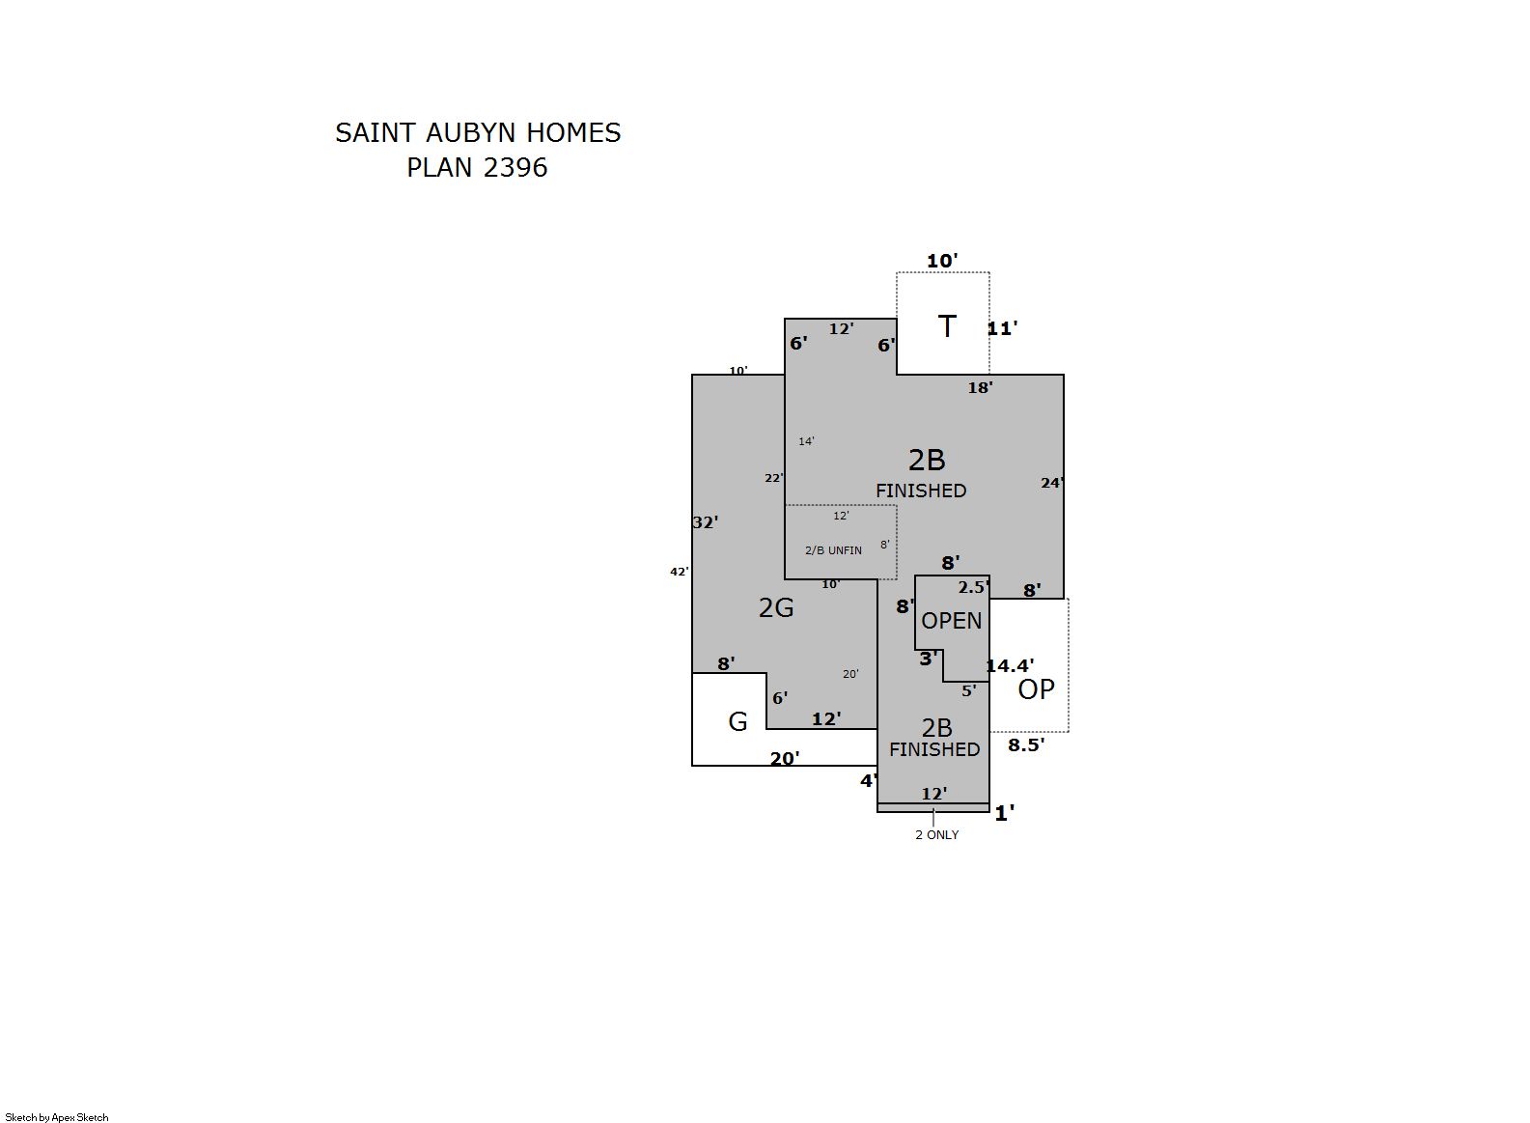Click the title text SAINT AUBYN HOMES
(478, 133)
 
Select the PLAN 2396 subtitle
(477, 168)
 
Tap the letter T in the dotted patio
(947, 326)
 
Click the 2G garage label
(776, 607)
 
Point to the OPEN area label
(952, 621)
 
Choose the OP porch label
(1036, 689)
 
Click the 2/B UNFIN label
(833, 550)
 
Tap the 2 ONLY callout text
(937, 835)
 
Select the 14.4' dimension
(1010, 665)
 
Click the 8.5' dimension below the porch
(1026, 745)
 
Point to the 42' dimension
(679, 572)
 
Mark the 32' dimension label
(706, 522)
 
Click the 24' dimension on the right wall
(1052, 484)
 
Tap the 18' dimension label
(980, 388)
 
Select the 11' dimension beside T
(1002, 328)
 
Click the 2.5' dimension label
(973, 587)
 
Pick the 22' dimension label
(774, 478)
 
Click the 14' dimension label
(807, 441)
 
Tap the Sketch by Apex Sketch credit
(57, 1117)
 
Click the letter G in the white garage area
(737, 722)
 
